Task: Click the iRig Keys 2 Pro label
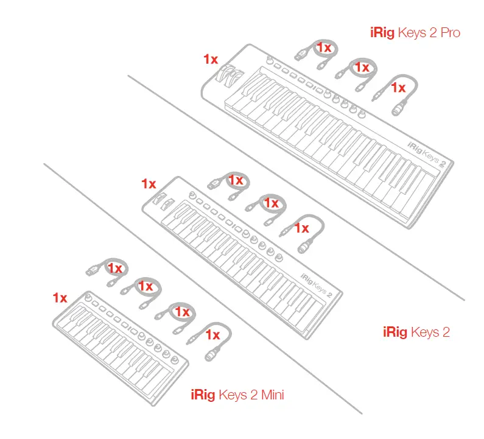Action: (x=415, y=32)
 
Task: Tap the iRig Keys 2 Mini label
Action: (x=237, y=395)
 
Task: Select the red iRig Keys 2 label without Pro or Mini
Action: (x=416, y=332)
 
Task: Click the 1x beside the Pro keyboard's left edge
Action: (x=211, y=59)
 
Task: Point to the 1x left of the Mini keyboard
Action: (x=60, y=298)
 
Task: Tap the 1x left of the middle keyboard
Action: (x=149, y=183)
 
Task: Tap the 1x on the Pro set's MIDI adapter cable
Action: (x=398, y=88)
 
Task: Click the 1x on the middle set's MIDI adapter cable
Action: (x=302, y=228)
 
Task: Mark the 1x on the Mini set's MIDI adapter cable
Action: (x=212, y=334)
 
